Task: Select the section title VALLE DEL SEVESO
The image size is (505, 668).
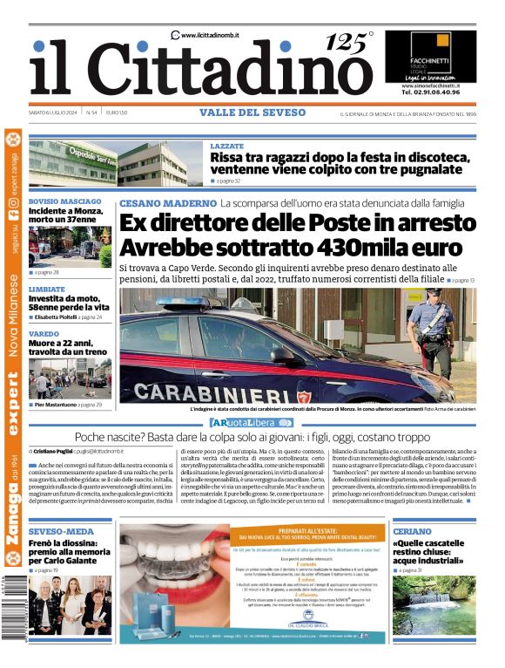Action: coord(252,112)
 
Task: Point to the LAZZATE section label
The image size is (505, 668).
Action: coord(227,147)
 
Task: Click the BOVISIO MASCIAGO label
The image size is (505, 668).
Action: coord(65,201)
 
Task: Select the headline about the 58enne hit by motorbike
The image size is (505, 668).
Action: coord(69,303)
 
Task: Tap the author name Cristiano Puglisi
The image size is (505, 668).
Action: coord(54,451)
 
